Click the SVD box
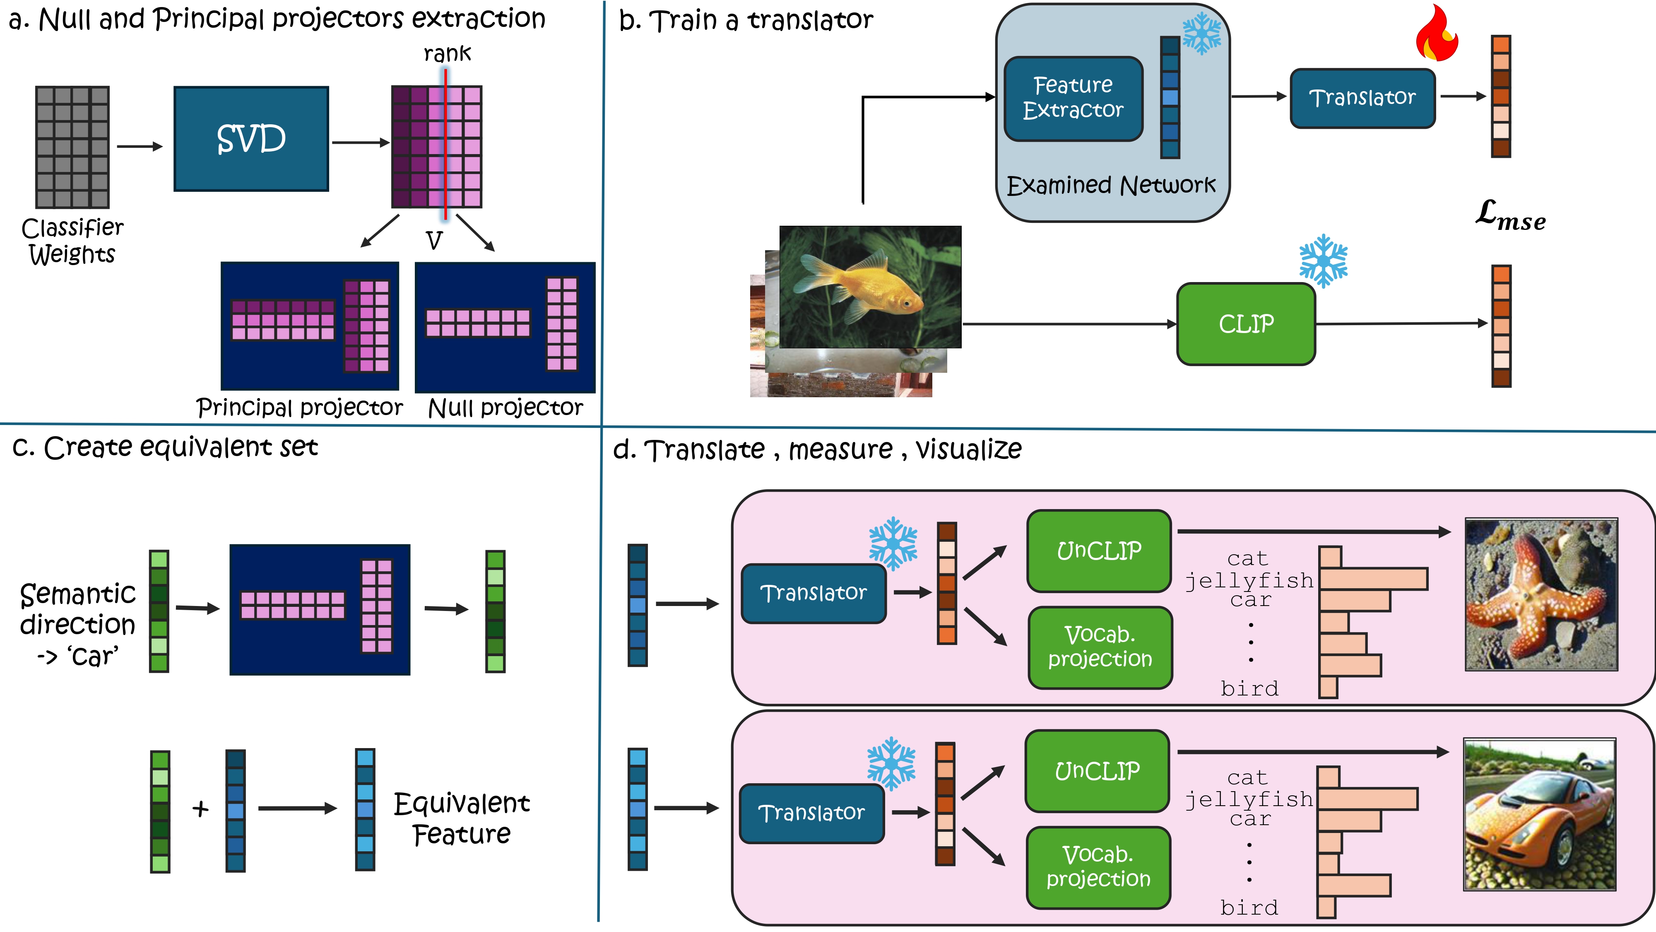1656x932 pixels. point(251,139)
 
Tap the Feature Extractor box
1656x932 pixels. point(1073,98)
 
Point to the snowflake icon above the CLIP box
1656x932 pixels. point(1323,260)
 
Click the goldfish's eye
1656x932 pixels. point(906,302)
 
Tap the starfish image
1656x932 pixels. point(1541,594)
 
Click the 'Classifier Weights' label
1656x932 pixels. point(72,241)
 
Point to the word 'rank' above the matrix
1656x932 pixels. point(447,53)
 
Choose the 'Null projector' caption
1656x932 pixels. point(505,408)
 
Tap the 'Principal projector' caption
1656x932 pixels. point(300,408)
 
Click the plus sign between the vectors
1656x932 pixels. point(200,809)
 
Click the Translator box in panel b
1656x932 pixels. point(1362,98)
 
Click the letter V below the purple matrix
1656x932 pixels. point(434,241)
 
